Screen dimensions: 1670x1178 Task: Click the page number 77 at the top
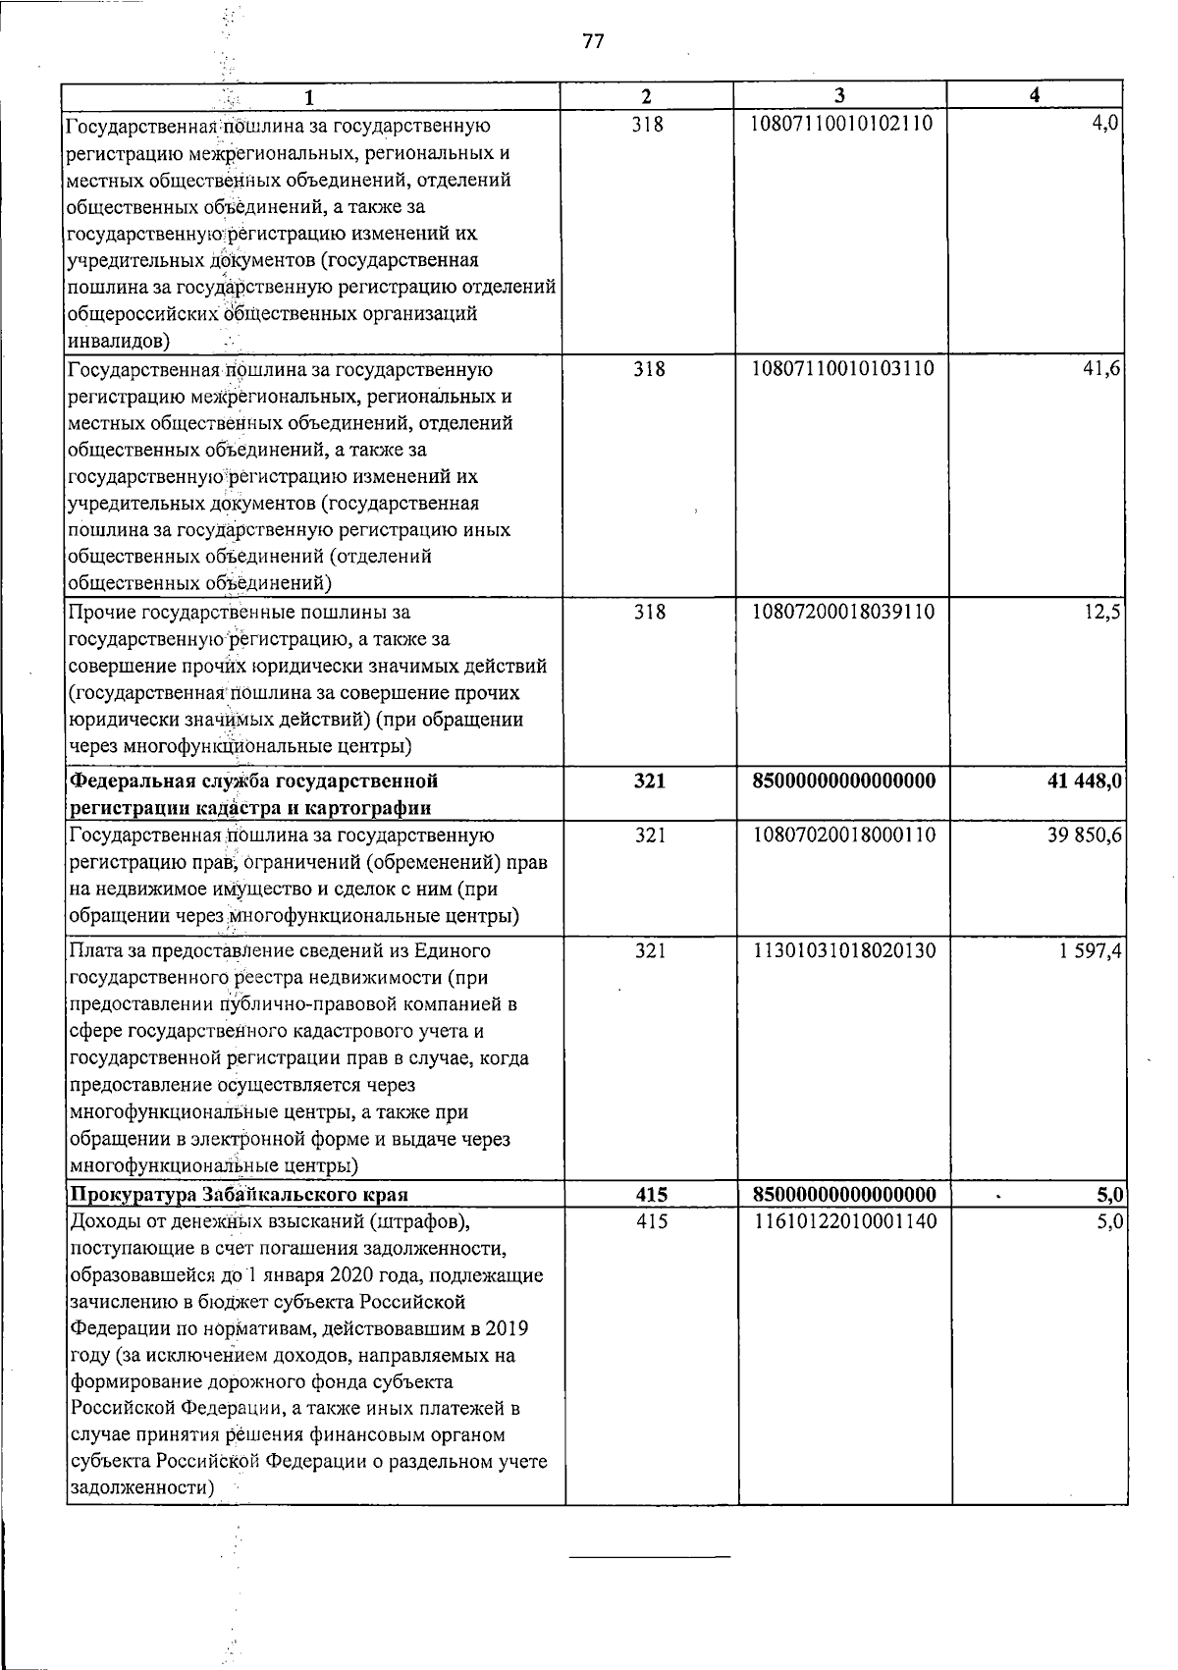(x=592, y=41)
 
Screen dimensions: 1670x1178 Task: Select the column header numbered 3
(x=839, y=95)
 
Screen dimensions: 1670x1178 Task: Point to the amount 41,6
(x=1104, y=369)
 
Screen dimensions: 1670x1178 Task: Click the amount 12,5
(x=1104, y=612)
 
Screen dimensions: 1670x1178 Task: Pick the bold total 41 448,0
(x=1076, y=781)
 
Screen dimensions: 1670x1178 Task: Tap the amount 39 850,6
(x=1084, y=835)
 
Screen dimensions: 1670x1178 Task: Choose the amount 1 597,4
(x=1091, y=950)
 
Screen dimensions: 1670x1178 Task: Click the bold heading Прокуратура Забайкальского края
(x=238, y=1195)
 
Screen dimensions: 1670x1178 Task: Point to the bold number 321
(x=649, y=781)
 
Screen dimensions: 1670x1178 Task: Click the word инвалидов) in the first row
(x=117, y=341)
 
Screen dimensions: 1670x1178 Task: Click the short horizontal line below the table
(x=651, y=1557)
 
